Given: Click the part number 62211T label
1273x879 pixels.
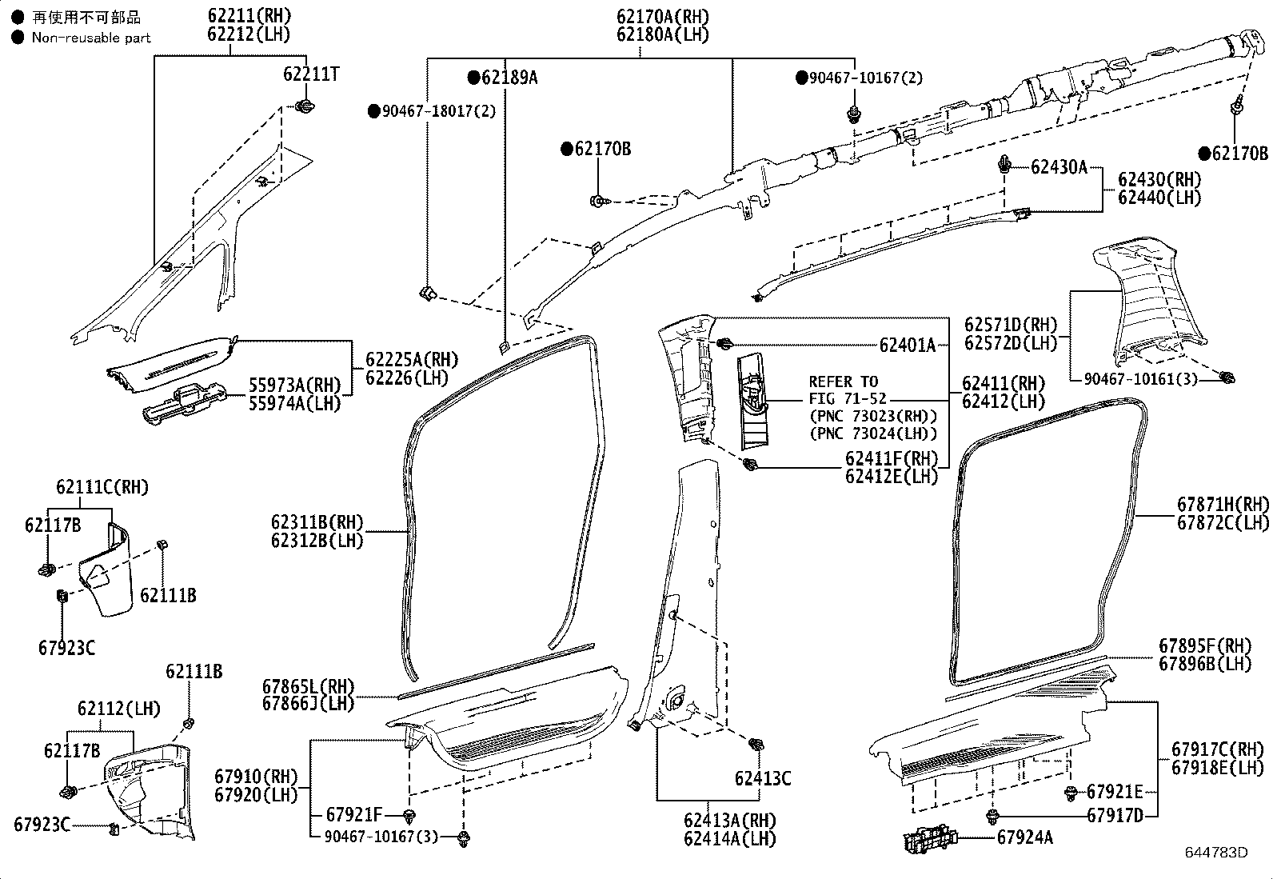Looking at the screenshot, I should (x=310, y=74).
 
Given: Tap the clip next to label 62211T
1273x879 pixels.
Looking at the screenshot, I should (x=304, y=106).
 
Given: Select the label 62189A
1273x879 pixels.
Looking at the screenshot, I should (x=509, y=78).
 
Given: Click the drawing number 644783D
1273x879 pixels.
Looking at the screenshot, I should (x=1215, y=853).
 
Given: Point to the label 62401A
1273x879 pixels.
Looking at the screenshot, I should (x=907, y=346).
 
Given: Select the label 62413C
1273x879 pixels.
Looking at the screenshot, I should (x=762, y=778).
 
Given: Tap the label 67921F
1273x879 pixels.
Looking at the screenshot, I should (x=354, y=816).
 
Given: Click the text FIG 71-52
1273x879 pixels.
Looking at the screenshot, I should (x=847, y=398).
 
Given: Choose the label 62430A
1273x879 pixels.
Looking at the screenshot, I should (x=1059, y=167).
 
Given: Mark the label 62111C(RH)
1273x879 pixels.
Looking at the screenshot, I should (x=102, y=487).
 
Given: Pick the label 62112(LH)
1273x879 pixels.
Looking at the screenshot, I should (x=118, y=709).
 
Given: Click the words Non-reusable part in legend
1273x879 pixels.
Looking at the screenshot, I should (x=90, y=38).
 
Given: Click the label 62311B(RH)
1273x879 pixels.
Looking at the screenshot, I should (x=317, y=522).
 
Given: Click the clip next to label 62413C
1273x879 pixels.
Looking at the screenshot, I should (x=754, y=745).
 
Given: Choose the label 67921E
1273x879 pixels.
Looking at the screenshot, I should (x=1115, y=792).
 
